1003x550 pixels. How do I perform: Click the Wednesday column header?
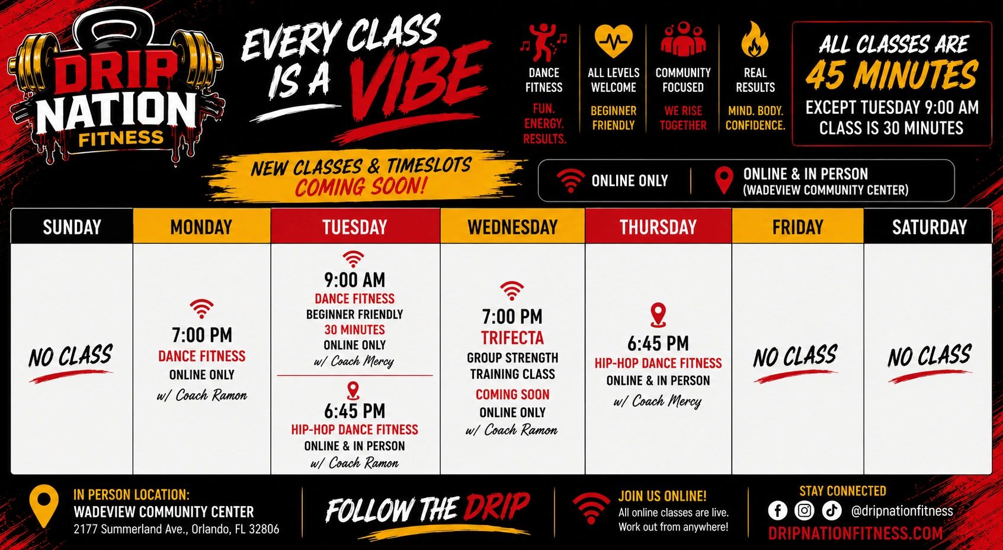click(x=512, y=226)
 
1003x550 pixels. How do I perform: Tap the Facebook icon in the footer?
click(x=778, y=510)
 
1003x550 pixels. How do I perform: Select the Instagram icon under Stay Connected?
click(x=804, y=510)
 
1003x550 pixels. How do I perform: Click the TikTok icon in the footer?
click(x=832, y=510)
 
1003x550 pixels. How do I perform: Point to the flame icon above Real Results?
click(x=755, y=40)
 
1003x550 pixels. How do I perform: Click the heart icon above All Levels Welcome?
click(x=613, y=41)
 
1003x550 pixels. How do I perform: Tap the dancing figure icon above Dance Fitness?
click(x=543, y=43)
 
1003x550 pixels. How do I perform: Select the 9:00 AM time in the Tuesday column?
click(x=355, y=280)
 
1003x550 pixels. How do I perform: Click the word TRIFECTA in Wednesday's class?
click(x=512, y=338)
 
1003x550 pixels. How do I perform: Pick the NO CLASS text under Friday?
click(x=795, y=356)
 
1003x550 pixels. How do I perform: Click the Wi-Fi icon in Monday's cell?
click(x=201, y=308)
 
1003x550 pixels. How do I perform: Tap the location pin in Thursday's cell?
click(x=658, y=314)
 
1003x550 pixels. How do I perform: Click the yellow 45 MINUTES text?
click(x=892, y=74)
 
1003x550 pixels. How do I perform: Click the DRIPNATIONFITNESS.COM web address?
click(x=855, y=533)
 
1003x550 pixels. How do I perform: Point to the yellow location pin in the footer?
click(x=43, y=506)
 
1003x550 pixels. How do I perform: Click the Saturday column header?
click(x=930, y=227)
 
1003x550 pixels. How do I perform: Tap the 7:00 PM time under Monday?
click(x=202, y=335)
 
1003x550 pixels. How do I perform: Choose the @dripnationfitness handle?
click(x=902, y=510)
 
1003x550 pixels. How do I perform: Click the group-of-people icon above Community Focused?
click(x=683, y=39)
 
